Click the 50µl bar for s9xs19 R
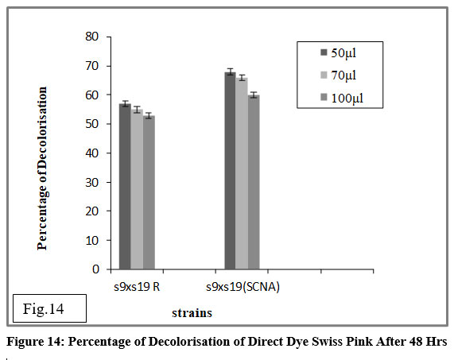click(x=125, y=187)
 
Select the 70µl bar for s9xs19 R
click(x=137, y=190)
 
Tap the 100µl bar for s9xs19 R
click(x=149, y=192)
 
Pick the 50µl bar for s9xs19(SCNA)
click(x=231, y=171)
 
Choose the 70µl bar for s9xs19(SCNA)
click(x=242, y=173)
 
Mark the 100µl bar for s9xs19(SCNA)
click(x=254, y=182)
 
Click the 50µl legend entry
click(x=338, y=53)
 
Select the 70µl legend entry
click(x=338, y=75)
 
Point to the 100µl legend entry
click(x=342, y=98)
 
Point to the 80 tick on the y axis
click(x=109, y=37)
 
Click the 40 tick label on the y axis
click(x=92, y=153)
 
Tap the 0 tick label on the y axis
click(x=95, y=269)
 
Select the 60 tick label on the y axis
click(x=92, y=95)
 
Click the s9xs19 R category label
click(x=137, y=287)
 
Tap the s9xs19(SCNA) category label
click(x=243, y=287)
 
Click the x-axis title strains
click(x=192, y=313)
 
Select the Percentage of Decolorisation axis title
click(x=42, y=168)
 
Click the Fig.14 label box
click(x=49, y=308)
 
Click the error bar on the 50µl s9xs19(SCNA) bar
click(x=231, y=72)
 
